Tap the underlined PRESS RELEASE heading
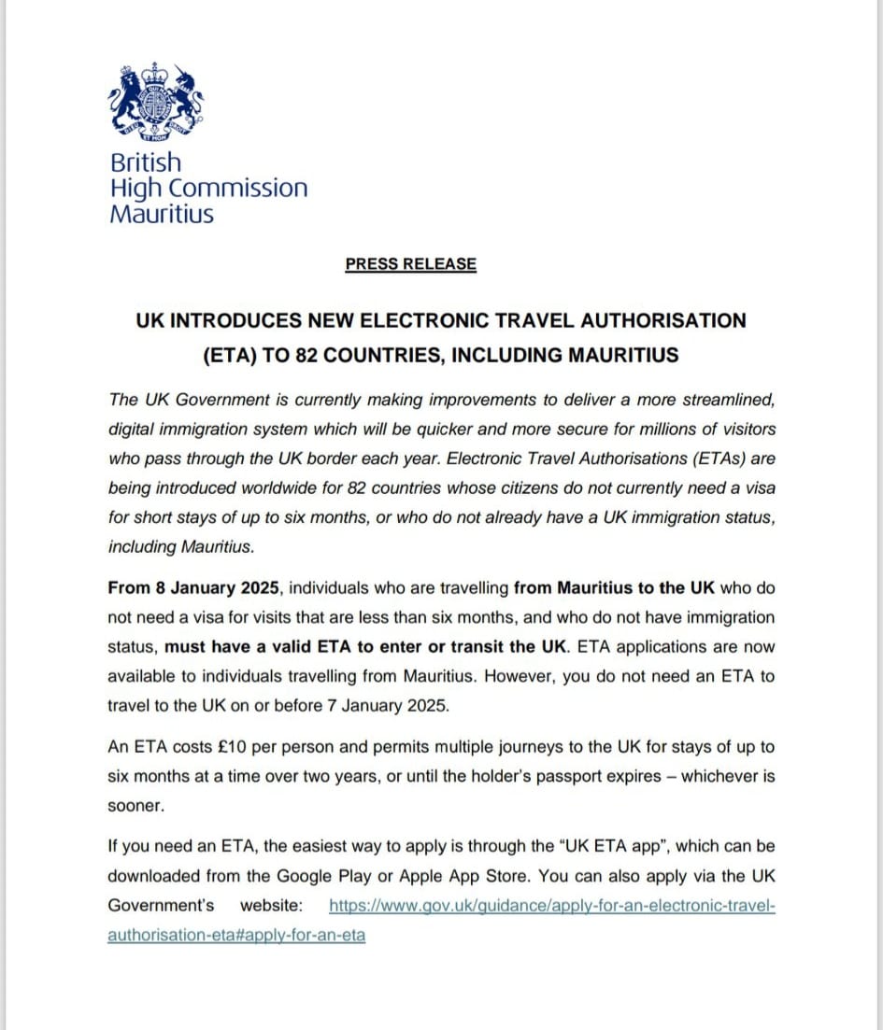[x=410, y=264]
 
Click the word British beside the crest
[x=146, y=162]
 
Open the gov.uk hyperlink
[x=552, y=906]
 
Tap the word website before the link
[x=271, y=906]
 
